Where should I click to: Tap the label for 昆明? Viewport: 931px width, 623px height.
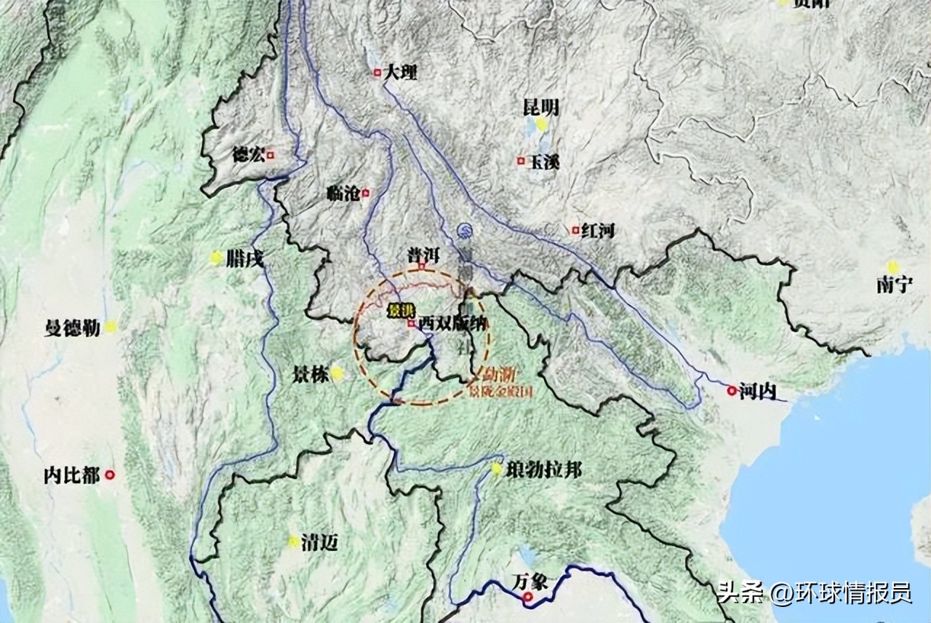coord(541,108)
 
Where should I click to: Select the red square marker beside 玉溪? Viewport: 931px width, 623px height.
coord(521,161)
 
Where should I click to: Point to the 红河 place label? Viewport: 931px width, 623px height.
coord(598,231)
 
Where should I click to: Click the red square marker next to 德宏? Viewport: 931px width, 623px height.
coord(271,154)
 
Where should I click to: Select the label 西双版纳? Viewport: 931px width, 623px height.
coord(451,324)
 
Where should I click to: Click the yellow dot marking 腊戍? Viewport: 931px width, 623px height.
coord(216,258)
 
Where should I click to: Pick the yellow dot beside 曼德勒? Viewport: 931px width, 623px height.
coord(110,327)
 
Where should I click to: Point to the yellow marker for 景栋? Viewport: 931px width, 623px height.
coord(337,374)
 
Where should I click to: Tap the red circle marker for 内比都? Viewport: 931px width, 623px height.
coord(110,475)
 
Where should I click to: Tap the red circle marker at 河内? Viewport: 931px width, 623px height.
coord(731,391)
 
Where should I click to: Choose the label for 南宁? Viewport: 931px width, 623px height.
coord(894,285)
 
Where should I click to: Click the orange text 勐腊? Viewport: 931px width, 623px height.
coord(500,376)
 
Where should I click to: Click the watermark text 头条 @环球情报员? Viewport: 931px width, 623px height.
coord(814,593)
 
